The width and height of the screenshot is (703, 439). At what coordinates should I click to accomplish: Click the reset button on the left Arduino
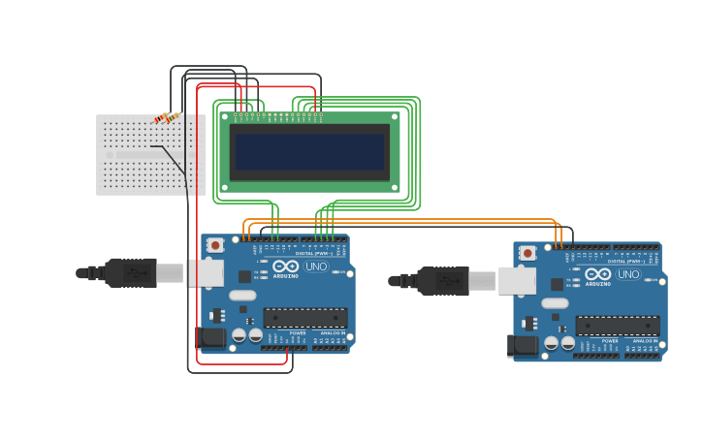click(215, 245)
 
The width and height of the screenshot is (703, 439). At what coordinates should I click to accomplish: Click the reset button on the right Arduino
click(527, 253)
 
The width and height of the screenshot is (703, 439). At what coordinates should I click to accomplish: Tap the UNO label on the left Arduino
click(317, 266)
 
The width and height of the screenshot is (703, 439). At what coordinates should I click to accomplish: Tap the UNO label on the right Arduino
click(629, 273)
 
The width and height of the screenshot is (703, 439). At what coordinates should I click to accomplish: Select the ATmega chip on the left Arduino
click(305, 317)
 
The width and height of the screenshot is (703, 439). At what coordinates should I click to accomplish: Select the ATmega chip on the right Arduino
click(618, 325)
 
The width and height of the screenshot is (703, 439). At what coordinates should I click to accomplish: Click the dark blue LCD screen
click(309, 151)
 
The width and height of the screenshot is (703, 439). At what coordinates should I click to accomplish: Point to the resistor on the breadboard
click(167, 118)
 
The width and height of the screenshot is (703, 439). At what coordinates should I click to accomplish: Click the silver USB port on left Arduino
click(206, 273)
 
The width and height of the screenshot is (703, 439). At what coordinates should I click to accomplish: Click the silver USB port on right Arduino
click(518, 281)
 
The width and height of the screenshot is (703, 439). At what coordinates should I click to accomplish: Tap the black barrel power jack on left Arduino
click(210, 337)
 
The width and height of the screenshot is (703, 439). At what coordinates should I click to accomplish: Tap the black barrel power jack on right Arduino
click(523, 345)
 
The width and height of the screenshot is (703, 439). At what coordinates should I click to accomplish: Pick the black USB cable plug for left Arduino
click(131, 272)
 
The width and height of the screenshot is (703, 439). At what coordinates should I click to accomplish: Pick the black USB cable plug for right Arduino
click(443, 281)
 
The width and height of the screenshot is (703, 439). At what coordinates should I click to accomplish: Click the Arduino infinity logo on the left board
click(286, 266)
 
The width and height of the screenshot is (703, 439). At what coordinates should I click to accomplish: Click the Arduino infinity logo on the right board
click(598, 273)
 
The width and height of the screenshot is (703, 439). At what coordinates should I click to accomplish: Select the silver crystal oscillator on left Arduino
click(242, 296)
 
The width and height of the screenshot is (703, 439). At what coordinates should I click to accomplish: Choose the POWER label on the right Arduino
click(610, 340)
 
